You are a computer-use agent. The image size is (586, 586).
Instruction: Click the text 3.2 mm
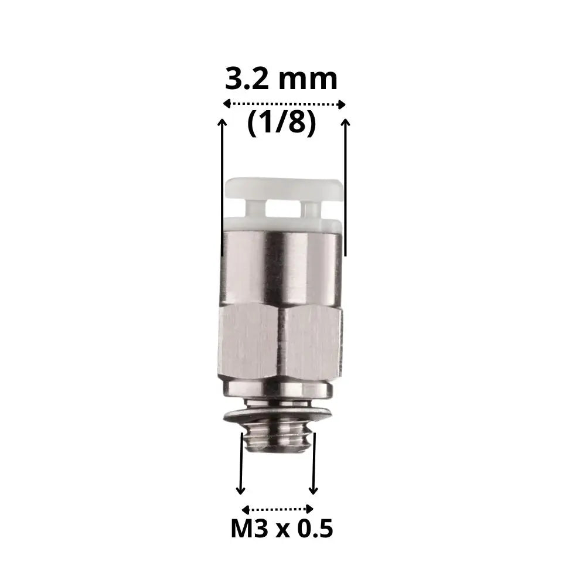pyautogui.click(x=281, y=79)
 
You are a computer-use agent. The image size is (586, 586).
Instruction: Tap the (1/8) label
pyautogui.click(x=282, y=122)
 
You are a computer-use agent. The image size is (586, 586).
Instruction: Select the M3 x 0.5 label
pyautogui.click(x=282, y=529)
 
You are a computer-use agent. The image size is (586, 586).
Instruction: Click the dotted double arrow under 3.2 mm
pyautogui.click(x=284, y=104)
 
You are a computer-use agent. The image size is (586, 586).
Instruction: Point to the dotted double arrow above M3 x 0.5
pyautogui.click(x=278, y=509)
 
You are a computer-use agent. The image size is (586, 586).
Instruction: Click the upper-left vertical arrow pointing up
pyautogui.click(x=222, y=188)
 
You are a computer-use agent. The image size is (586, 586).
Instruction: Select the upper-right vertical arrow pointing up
pyautogui.click(x=346, y=188)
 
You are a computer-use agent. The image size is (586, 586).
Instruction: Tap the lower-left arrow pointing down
pyautogui.click(x=241, y=464)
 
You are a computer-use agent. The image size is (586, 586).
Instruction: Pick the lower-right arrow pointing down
pyautogui.click(x=314, y=464)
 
